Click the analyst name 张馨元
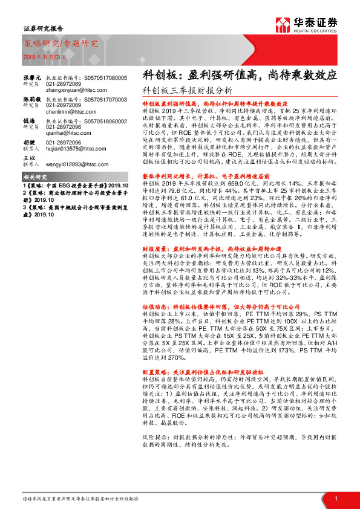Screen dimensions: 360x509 (x=33, y=78)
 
